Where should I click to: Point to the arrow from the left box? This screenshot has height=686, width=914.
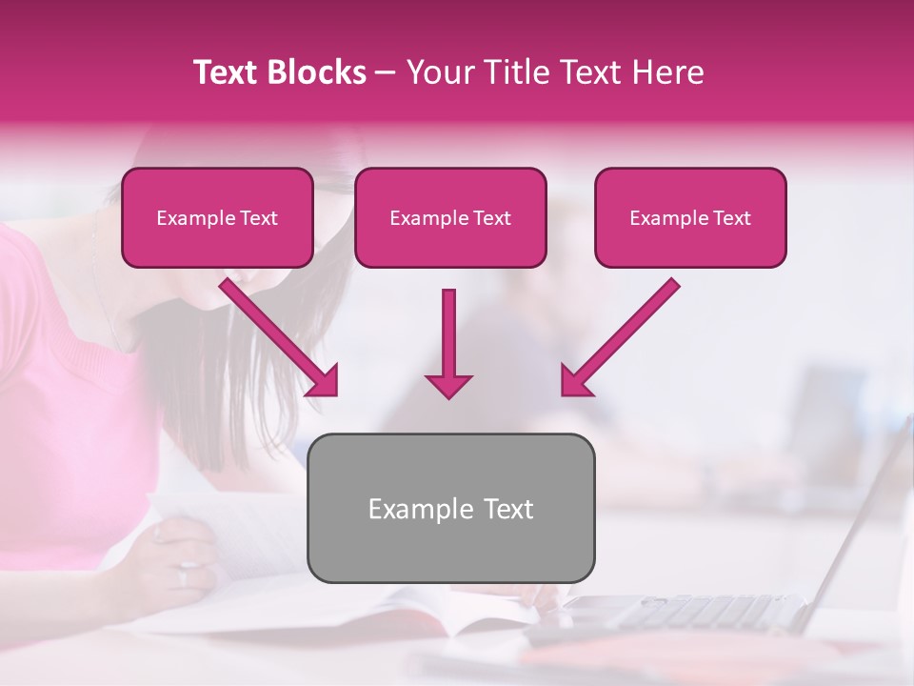(276, 333)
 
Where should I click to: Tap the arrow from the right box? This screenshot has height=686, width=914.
(624, 333)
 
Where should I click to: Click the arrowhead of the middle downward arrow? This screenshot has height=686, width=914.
(448, 385)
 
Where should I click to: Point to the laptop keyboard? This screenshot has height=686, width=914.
(685, 610)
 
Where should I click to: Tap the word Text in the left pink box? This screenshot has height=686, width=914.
(258, 218)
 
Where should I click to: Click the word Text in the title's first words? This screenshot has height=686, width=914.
(227, 72)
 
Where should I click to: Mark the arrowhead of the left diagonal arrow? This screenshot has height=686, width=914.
(325, 381)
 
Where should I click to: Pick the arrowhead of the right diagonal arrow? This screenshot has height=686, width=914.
(575, 381)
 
